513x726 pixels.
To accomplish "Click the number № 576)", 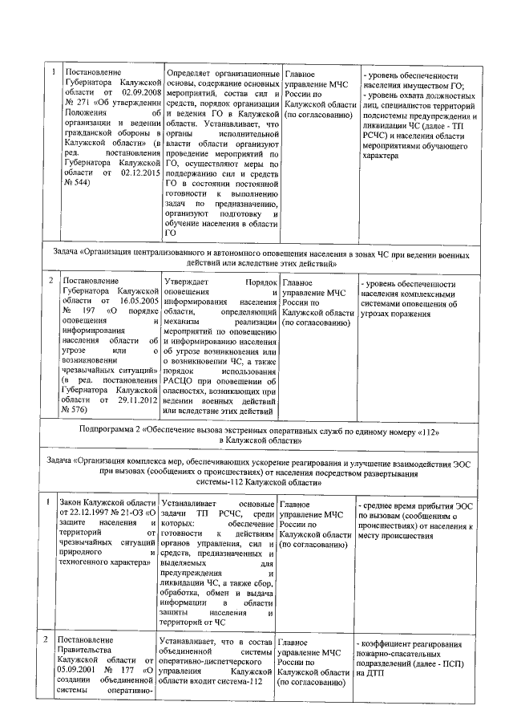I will coord(75,410).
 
